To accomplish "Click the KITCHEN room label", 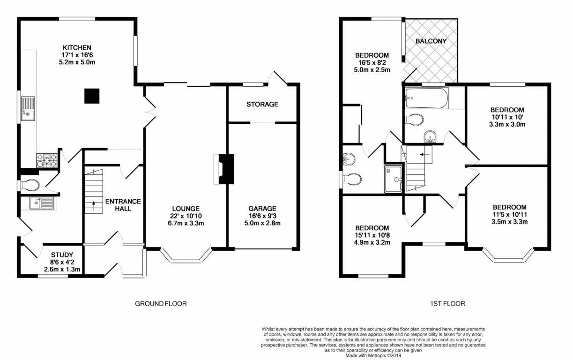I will pyautogui.click(x=77, y=47).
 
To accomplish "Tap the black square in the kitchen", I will pyautogui.click(x=92, y=96).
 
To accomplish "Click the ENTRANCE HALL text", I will pyautogui.click(x=123, y=205).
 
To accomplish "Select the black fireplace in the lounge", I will pyautogui.click(x=227, y=169).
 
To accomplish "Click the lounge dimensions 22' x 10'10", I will pyautogui.click(x=186, y=216).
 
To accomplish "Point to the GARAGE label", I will pyautogui.click(x=262, y=209).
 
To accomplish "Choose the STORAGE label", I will pyautogui.click(x=262, y=104).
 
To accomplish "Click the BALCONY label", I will pyautogui.click(x=431, y=41).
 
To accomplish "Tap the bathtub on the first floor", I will pyautogui.click(x=426, y=98).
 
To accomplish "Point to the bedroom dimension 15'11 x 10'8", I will pyautogui.click(x=372, y=235).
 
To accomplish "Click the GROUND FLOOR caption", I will pyautogui.click(x=161, y=304).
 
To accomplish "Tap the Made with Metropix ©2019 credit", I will pyautogui.click(x=373, y=355).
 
